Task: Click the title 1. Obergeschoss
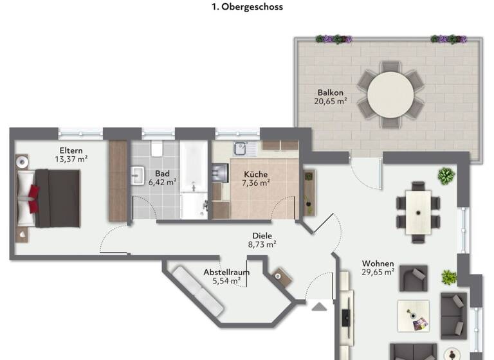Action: [x=247, y=8]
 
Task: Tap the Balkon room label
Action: [x=331, y=92]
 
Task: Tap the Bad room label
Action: [x=162, y=173]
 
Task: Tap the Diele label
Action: [x=262, y=235]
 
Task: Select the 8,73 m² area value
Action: [x=262, y=244]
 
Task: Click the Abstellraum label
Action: [x=226, y=272]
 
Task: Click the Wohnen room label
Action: [x=378, y=264]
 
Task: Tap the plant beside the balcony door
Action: [x=445, y=175]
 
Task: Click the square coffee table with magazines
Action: [x=413, y=316]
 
